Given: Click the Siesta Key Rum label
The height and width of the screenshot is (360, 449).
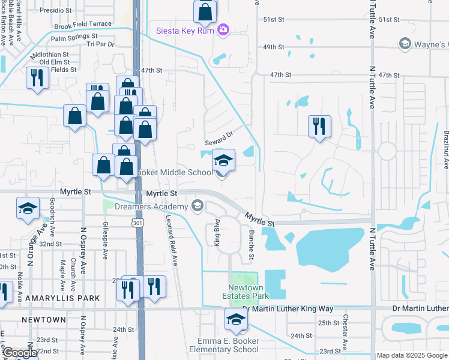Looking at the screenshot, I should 185,30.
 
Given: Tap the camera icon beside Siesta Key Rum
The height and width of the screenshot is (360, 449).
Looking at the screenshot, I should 223,29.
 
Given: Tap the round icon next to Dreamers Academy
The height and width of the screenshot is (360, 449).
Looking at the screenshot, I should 197,207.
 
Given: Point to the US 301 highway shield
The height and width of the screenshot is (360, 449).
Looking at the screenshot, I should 139,223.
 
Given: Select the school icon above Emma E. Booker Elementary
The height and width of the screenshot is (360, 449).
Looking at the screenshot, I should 236,320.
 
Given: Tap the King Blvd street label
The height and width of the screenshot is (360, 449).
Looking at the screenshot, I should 215,235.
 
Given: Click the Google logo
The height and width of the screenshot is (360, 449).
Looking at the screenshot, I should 19,353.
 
